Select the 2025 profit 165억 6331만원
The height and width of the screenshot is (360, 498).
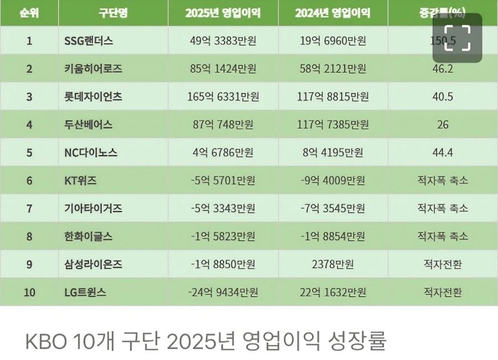coord(223,96)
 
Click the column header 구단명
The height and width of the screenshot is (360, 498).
coord(113,13)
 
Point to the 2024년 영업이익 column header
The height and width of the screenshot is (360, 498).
coord(333,13)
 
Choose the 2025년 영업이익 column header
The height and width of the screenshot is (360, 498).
coord(223,13)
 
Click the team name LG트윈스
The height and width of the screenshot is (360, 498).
coord(85,292)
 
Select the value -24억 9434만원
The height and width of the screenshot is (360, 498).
coord(223,292)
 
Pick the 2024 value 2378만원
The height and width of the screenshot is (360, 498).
coord(333,264)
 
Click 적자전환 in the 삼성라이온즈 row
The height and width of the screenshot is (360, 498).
coord(442,264)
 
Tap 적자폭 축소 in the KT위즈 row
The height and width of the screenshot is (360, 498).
coord(442,181)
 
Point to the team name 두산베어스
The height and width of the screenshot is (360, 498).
coord(89,125)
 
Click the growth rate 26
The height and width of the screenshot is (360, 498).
coord(442,125)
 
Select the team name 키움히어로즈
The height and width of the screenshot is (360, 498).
coord(93,69)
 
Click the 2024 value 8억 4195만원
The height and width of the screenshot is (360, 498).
coord(333,152)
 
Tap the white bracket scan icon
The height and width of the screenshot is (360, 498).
coord(457,38)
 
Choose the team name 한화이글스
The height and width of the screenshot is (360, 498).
coord(89,236)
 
